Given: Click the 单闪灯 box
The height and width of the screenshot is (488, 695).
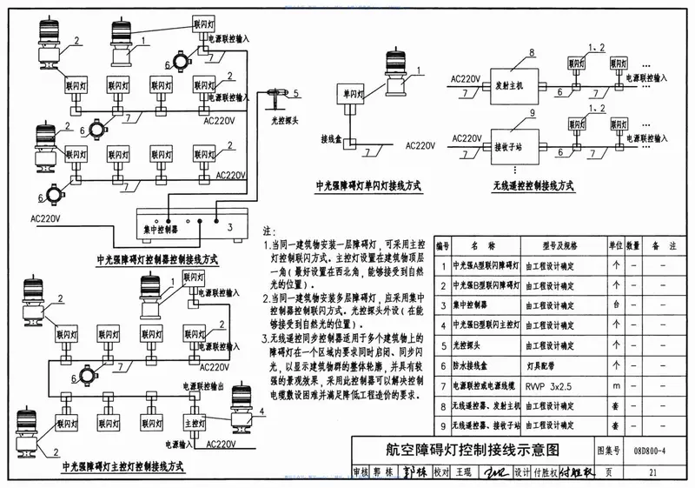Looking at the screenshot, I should [352, 94].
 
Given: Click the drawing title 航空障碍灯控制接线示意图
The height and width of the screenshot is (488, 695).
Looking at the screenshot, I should [473, 450].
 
